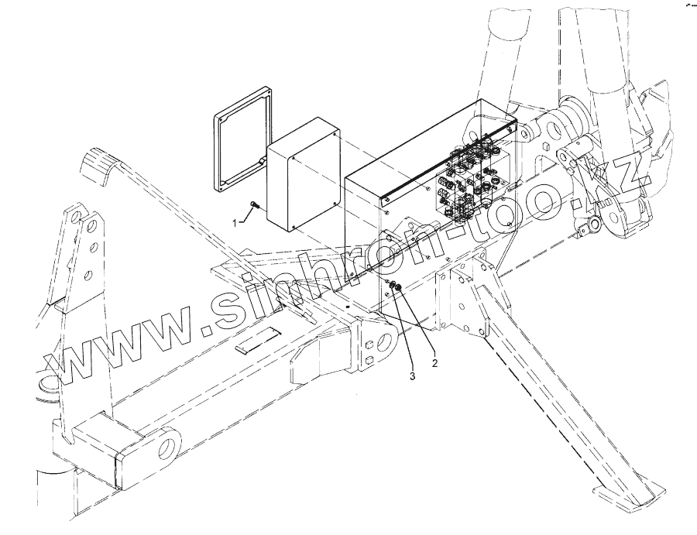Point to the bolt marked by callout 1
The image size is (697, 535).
tap(255, 205)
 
